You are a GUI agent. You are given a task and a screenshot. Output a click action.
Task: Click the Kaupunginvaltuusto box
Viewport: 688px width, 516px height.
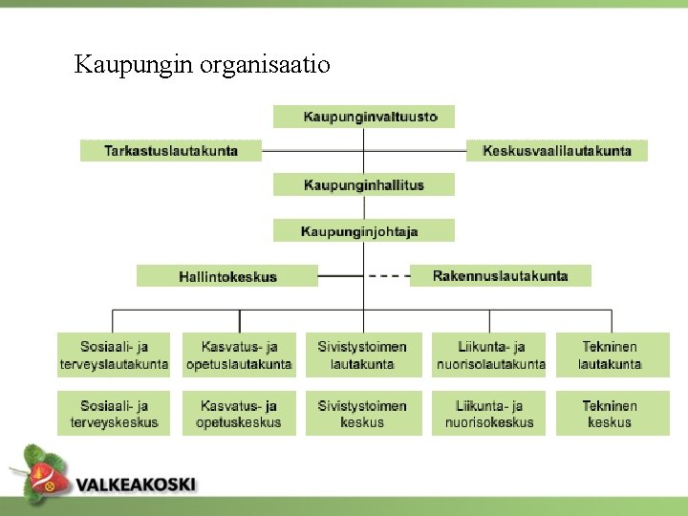pos(363,117)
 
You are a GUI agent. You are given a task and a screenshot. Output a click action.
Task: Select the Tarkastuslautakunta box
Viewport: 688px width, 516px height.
pos(171,151)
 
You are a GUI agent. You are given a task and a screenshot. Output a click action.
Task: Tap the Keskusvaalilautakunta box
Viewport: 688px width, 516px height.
pos(556,151)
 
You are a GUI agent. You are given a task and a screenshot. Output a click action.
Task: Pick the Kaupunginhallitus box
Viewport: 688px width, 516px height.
pos(363,184)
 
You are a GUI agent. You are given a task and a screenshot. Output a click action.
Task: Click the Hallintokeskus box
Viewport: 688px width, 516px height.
pos(227,276)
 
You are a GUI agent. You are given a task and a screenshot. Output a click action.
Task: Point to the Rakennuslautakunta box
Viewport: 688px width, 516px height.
pos(500,276)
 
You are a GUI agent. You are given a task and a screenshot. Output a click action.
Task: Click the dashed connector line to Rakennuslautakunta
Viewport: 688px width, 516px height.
pos(388,276)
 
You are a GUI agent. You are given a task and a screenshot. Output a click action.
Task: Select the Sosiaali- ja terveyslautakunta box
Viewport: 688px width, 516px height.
pos(114,355)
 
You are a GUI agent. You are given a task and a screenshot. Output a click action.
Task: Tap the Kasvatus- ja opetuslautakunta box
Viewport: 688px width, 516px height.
pos(239,355)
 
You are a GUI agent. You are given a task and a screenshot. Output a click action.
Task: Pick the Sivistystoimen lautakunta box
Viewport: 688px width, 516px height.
pos(363,355)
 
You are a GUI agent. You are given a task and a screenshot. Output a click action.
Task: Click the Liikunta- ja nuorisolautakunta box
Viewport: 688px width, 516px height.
pos(488,355)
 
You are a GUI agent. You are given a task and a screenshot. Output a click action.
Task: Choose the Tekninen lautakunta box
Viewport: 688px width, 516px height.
pos(612,355)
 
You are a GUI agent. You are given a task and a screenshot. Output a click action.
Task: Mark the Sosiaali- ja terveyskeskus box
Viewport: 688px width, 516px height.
pos(114,413)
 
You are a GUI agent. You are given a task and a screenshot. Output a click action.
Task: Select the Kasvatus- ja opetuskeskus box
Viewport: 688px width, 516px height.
pos(239,413)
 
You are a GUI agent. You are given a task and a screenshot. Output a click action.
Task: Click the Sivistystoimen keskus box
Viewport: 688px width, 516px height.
pos(363,413)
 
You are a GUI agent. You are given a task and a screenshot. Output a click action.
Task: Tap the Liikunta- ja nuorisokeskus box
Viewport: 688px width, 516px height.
pos(488,413)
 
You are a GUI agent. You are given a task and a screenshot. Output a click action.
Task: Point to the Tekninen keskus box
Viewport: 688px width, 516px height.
pos(612,413)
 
